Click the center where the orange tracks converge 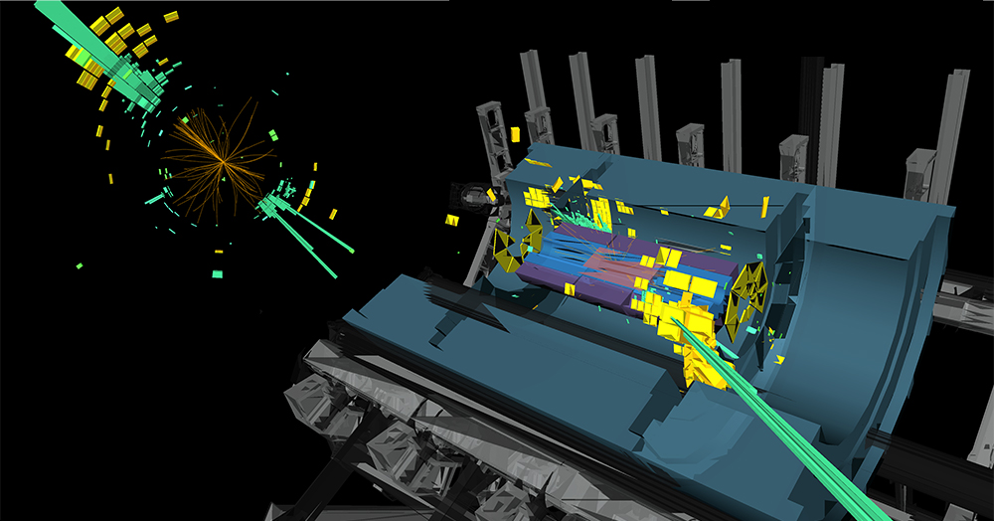(221, 164)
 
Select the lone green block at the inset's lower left (79, 265)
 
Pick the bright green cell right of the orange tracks (274, 133)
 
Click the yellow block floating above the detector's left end (516, 132)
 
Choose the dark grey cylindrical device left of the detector (477, 199)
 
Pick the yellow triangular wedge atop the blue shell (716, 208)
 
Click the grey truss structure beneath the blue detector (398, 418)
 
